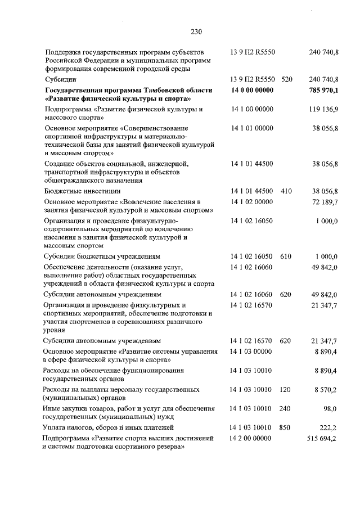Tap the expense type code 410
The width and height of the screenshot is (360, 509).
coord(286,191)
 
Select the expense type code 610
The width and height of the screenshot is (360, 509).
coord(286,256)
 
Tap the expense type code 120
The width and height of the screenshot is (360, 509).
coord(286,389)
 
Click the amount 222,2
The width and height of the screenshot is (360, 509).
coord(328,427)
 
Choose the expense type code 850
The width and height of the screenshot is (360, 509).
coord(286,427)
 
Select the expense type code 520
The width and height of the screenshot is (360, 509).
coord(286,80)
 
